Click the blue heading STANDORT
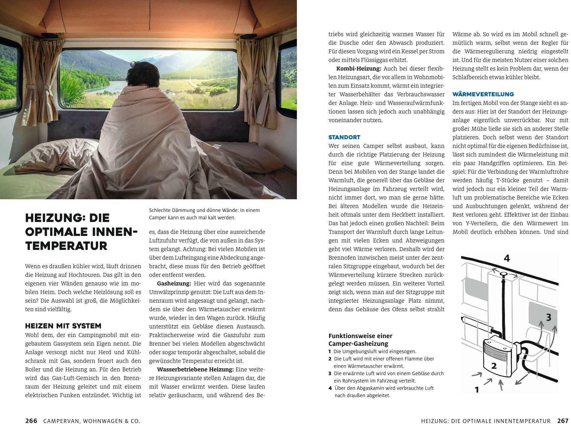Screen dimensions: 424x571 [x=344, y=137]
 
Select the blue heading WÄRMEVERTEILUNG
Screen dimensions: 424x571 [x=483, y=94]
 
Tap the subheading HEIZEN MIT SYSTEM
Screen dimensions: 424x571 [x=63, y=326]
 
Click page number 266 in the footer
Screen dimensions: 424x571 [x=31, y=421]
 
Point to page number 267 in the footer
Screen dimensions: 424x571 [x=563, y=421]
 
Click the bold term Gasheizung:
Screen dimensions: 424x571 [x=174, y=283]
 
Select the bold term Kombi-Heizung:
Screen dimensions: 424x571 [x=359, y=68]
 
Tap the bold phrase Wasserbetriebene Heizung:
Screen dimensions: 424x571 [x=195, y=369]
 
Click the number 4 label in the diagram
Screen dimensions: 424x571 [x=507, y=258]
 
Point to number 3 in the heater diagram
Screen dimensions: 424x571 [x=548, y=317]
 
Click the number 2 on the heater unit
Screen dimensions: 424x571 [x=494, y=366]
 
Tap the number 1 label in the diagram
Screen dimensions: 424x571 [x=477, y=389]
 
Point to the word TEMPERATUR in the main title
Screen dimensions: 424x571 [x=66, y=246]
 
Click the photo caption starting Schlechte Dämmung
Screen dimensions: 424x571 [x=204, y=214]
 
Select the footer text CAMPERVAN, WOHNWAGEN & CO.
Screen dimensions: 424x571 [x=91, y=421]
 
